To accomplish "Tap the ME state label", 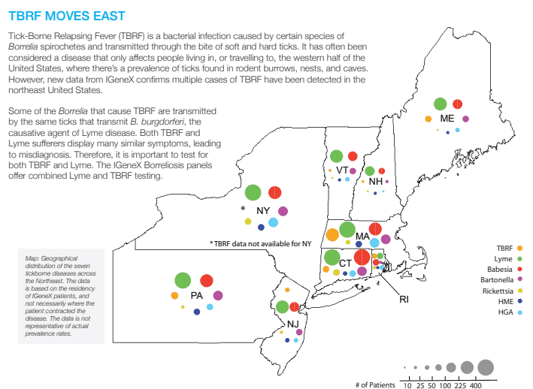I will click(447, 119).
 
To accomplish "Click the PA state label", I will click(197, 295).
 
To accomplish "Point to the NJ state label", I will click(292, 324).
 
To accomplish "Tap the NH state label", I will click(375, 181).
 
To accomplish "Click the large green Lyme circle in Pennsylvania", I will click(182, 280).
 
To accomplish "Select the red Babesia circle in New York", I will click(274, 191).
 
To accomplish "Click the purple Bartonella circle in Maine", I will click(466, 119).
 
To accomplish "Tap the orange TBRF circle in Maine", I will click(429, 119).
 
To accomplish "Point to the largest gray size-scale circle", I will click(485, 366).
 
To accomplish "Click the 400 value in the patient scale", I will click(476, 384).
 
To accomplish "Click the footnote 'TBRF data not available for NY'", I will click(260, 243).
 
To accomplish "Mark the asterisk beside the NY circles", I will click(243, 209).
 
